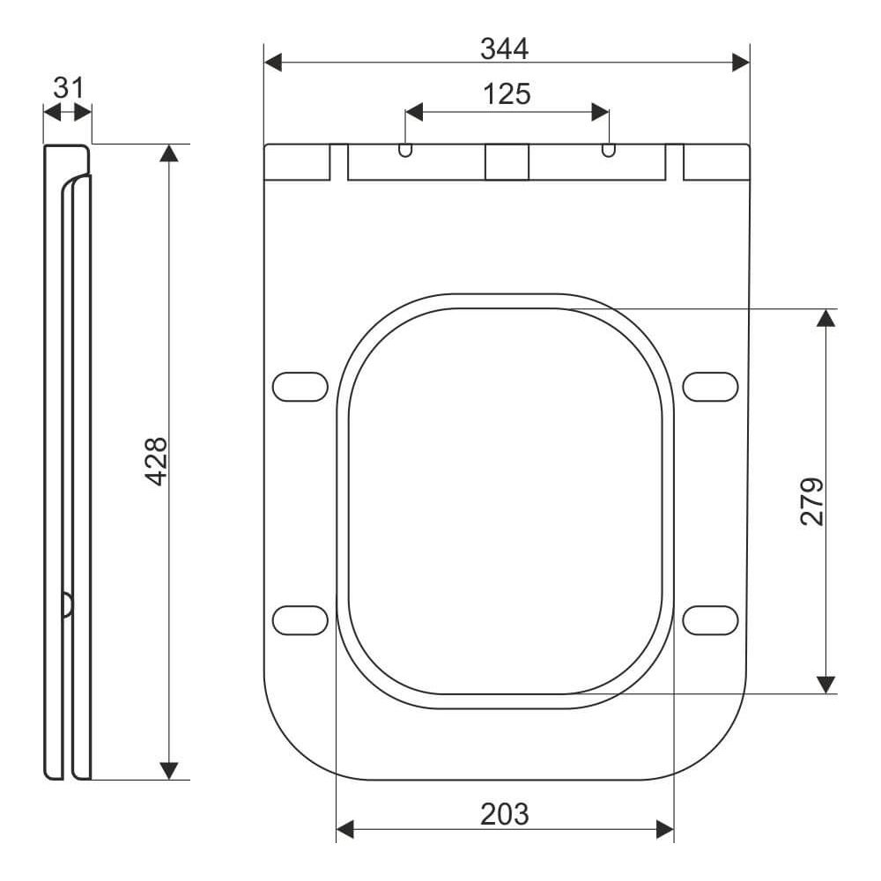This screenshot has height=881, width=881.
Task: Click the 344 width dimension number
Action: point(504,48)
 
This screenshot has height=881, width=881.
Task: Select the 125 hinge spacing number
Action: point(507,94)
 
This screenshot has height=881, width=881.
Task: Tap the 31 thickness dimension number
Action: point(68,88)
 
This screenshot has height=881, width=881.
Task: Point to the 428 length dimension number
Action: point(156,461)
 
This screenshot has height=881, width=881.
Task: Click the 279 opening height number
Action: point(812,502)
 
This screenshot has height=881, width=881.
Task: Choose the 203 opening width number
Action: point(505,814)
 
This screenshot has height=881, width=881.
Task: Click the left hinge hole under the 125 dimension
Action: point(405,150)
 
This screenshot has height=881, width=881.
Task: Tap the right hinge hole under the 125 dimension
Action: point(609,150)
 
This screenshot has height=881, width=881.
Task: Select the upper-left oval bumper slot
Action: point(300,387)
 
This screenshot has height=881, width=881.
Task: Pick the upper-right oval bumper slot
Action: point(710,387)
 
